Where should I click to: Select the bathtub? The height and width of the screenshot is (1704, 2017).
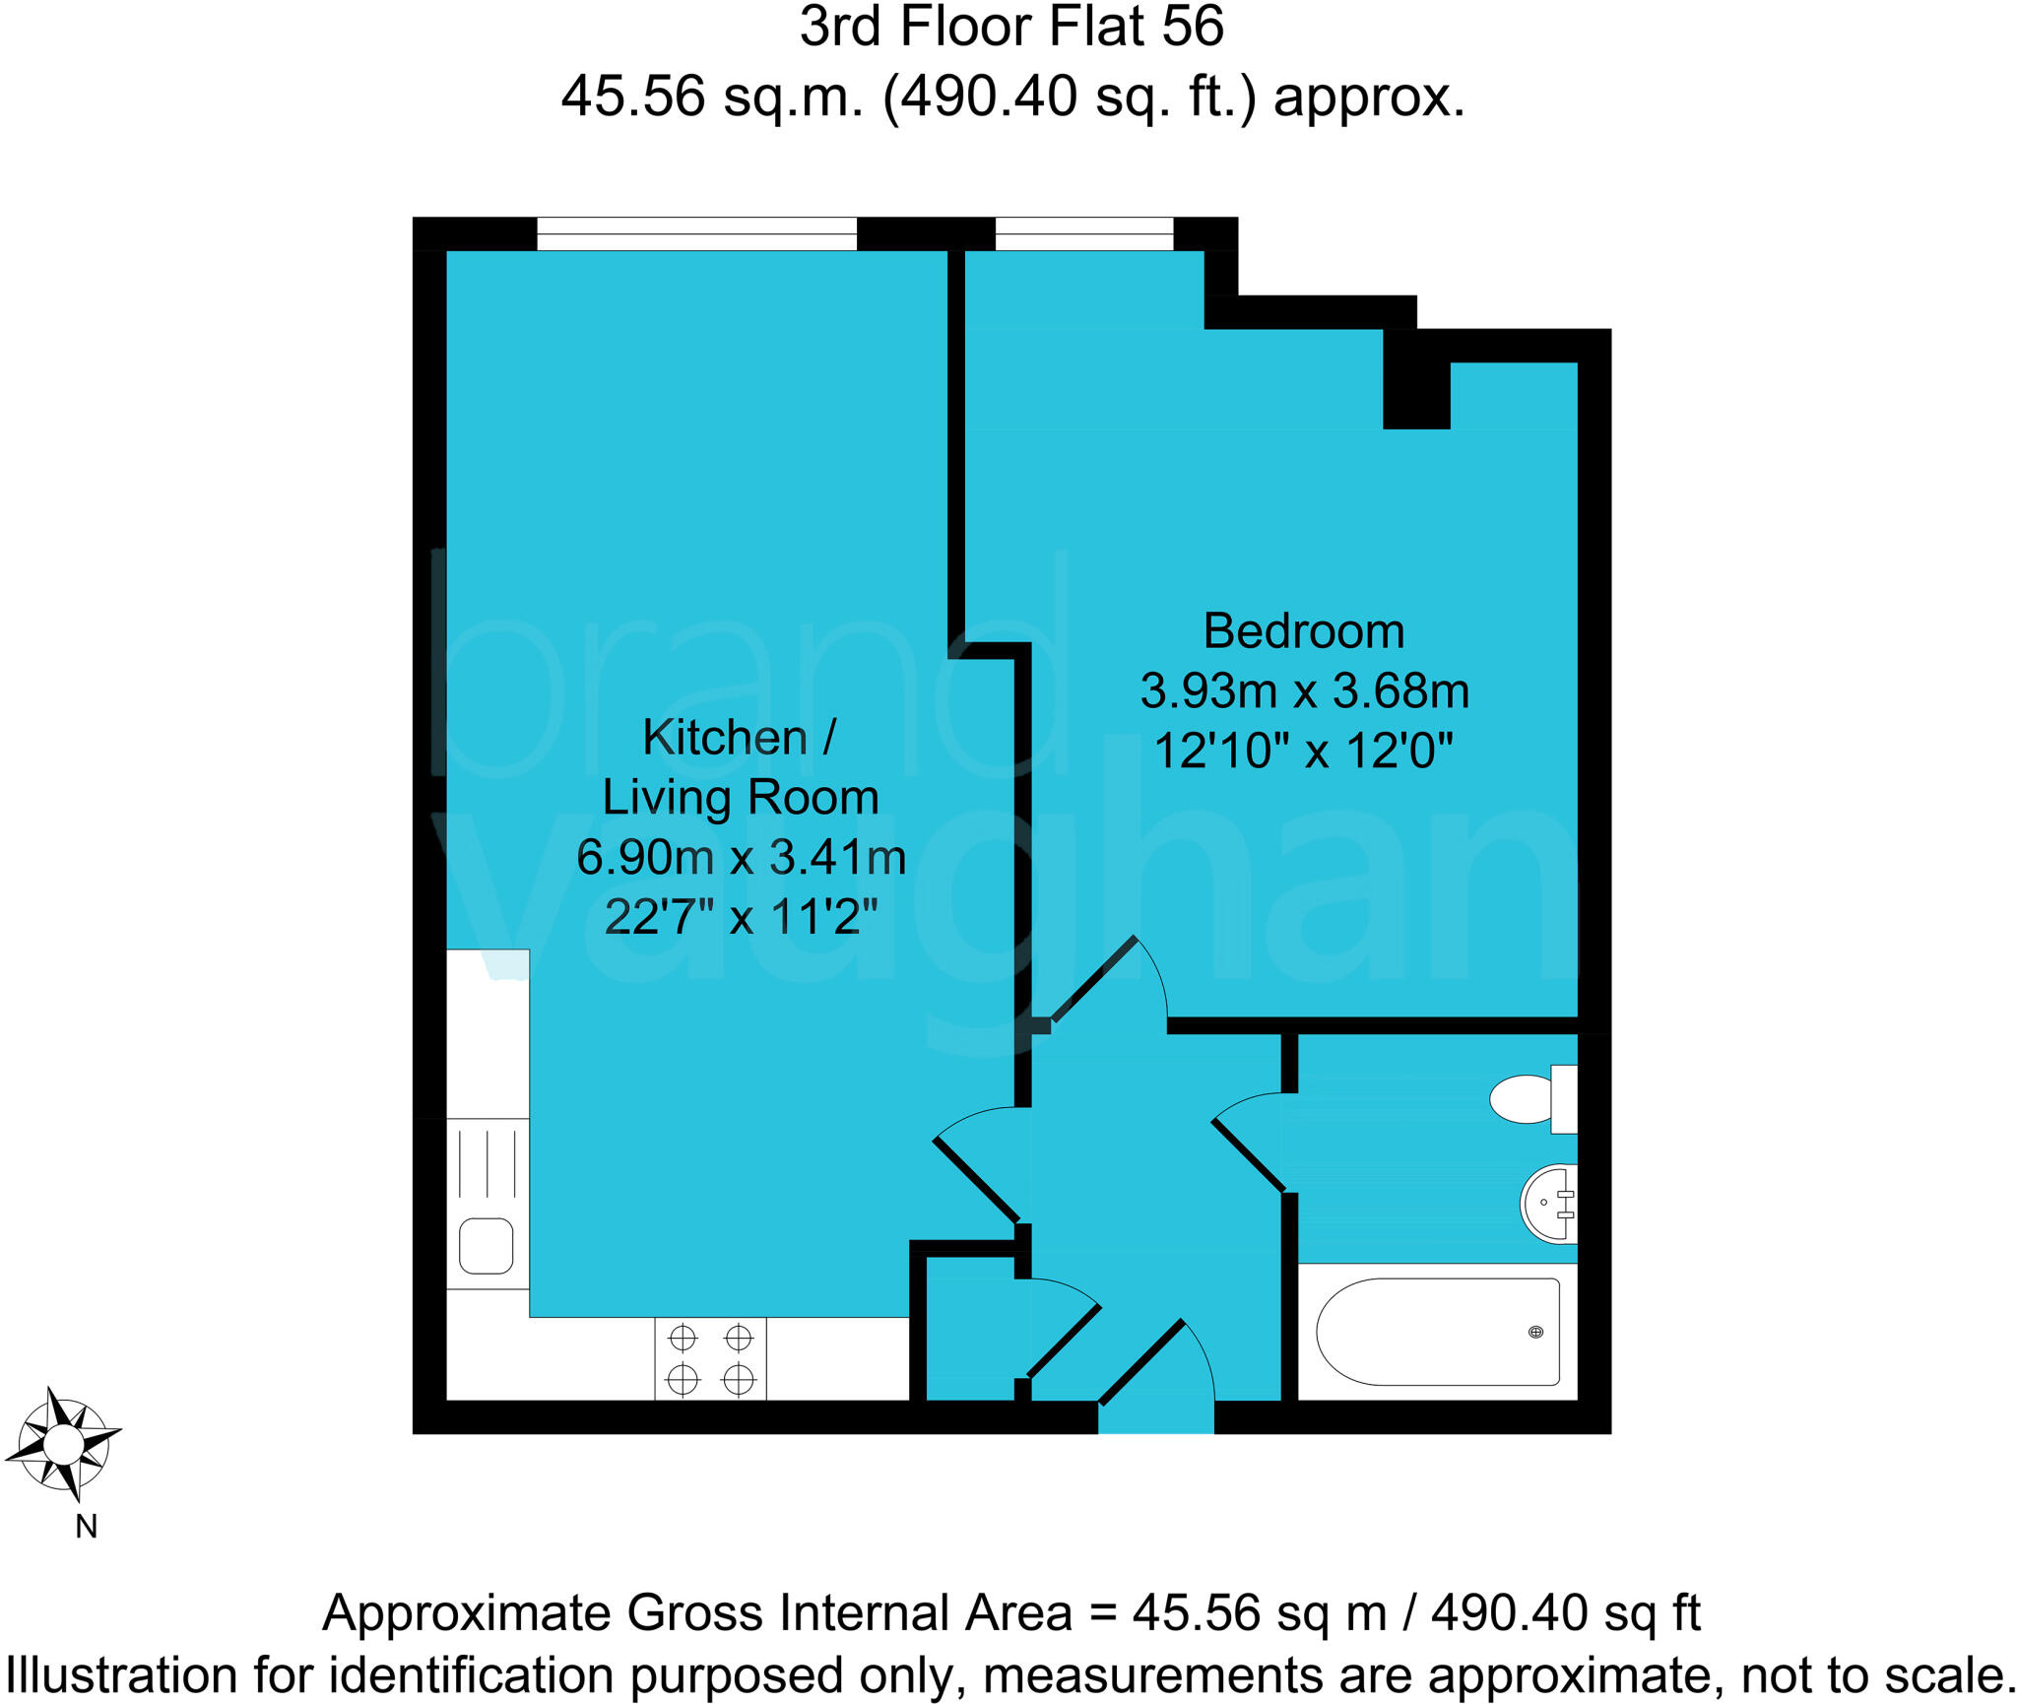(x=1438, y=1332)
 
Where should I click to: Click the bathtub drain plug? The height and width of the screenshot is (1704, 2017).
(x=1535, y=1332)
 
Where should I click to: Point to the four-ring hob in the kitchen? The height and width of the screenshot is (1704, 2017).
(x=710, y=1358)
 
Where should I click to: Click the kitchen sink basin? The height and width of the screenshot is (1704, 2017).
(x=487, y=1246)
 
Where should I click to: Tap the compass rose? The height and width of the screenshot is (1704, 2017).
(x=64, y=1445)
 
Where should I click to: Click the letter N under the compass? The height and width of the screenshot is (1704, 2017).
(x=87, y=1527)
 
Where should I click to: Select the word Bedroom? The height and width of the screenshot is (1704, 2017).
(x=1303, y=631)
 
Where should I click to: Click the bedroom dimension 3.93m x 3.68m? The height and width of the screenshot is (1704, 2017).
(x=1304, y=691)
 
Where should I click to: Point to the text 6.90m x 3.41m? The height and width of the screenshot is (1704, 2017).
(x=741, y=857)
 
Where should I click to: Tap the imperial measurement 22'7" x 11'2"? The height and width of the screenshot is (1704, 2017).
(x=741, y=917)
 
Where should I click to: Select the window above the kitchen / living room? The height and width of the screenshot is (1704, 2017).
(x=696, y=234)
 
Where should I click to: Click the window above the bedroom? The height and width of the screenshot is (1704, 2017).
(x=1083, y=234)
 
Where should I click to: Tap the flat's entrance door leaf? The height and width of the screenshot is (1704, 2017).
(x=1140, y=1362)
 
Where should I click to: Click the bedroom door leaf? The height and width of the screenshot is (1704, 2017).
(x=1093, y=979)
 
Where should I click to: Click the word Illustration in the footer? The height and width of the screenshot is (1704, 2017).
(x=122, y=1675)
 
